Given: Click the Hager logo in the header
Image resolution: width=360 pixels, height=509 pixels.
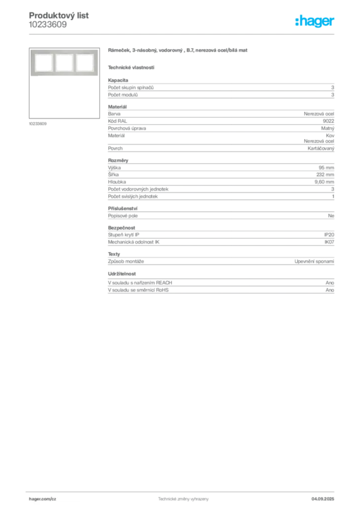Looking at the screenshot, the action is pos(315,21).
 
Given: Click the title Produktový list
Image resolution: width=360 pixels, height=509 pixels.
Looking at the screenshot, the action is pos(59,15).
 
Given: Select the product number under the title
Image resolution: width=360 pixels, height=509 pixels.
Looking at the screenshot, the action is pos(48,25).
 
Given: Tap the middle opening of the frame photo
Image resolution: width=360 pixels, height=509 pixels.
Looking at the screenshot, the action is pos(64,62).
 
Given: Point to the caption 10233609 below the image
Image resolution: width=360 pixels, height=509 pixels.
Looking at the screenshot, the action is pos(38,124).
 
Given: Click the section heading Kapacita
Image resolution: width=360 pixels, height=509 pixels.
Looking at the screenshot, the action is pos(118,80).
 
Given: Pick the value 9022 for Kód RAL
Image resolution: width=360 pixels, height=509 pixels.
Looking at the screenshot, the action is pos(329,121).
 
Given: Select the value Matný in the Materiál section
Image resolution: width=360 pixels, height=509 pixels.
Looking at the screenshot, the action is pos(328,128).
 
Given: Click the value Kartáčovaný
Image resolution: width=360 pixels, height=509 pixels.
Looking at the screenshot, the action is pos(321,148).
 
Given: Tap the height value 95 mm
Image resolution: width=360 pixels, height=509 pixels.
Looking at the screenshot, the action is pos(326,168).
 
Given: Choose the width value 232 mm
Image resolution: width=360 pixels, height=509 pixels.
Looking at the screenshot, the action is pos(325,174).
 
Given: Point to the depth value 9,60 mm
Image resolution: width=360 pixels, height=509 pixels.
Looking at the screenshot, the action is pos(324,182).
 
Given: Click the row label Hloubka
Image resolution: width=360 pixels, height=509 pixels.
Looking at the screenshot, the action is pos(117,182).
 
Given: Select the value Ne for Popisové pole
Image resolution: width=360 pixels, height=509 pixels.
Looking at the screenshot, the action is pos(331,216).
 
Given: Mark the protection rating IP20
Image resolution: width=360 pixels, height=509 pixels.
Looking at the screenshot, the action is pos(329,235).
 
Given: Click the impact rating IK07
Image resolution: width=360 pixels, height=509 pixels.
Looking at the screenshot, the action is pos(329,242).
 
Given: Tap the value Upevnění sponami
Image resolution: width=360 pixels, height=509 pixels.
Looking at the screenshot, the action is pos(314,261).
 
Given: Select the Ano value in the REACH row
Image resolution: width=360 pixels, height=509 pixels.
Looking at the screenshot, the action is pos(330,283).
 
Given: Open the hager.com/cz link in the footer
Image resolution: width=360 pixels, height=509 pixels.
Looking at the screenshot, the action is pos(43,499).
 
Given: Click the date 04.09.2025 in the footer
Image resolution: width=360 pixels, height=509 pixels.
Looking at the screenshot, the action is pos(323,499).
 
